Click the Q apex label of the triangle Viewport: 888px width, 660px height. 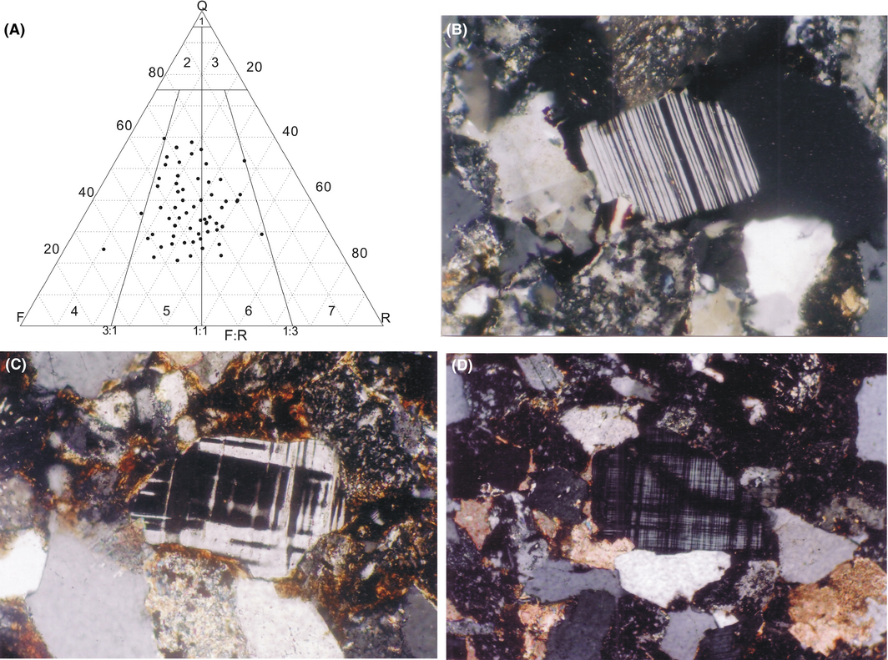tap(202, 6)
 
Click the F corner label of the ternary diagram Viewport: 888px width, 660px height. tap(21, 317)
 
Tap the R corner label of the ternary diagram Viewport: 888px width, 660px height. tap(386, 318)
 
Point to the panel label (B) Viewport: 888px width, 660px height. tap(457, 30)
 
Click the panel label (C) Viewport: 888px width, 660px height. tap(15, 365)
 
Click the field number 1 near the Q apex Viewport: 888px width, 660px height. tap(202, 22)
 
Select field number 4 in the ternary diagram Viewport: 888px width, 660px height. tap(74, 310)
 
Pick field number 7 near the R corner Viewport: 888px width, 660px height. tap(331, 310)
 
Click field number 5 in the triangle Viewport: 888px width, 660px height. tap(166, 310)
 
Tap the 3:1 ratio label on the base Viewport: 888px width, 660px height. tap(110, 330)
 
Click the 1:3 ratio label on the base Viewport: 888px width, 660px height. tap(290, 330)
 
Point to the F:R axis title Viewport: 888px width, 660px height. tap(235, 335)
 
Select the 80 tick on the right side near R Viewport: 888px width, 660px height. tap(359, 253)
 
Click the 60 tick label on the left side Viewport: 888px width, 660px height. tap(124, 125)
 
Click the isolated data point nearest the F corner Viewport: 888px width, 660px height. tap(103, 249)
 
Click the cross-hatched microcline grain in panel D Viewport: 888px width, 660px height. tap(677, 491)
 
